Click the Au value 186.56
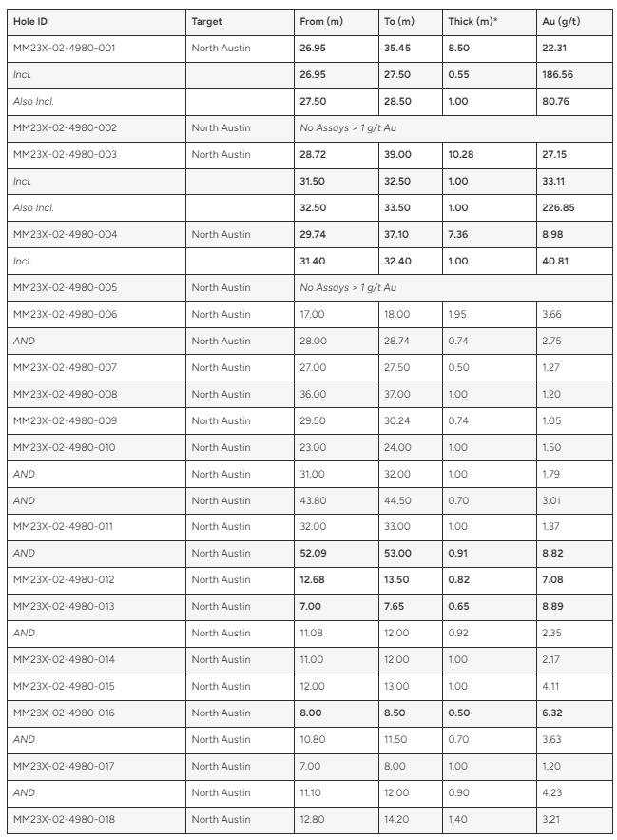coord(558,74)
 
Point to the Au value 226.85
coord(558,207)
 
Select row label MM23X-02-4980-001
coord(65,48)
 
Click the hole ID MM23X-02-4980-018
coord(65,819)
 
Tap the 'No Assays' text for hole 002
coord(347,127)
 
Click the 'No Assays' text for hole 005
coord(347,287)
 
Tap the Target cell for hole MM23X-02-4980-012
coord(221,579)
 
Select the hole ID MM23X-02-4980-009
coord(65,420)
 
